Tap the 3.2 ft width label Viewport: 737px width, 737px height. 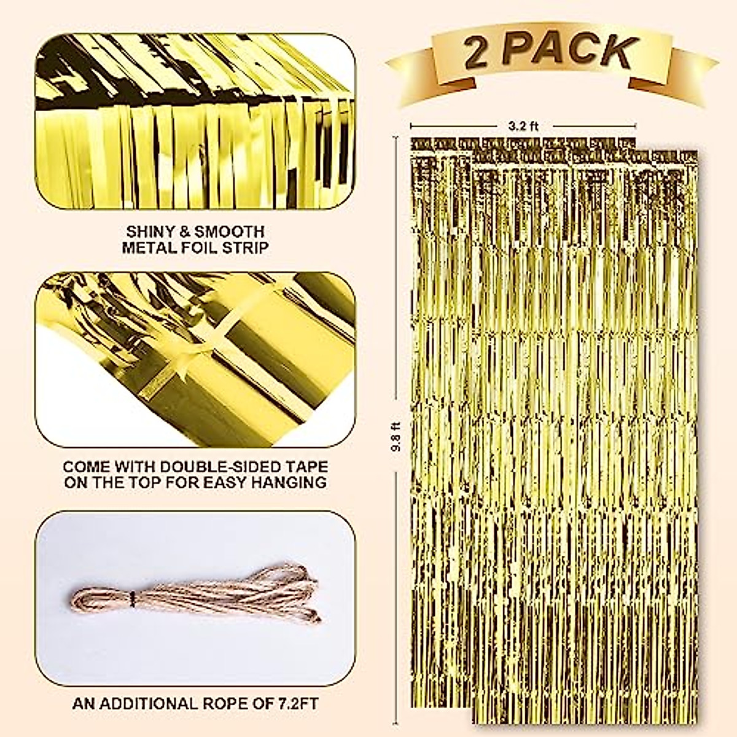(523, 127)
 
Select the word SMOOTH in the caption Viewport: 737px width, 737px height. (230, 232)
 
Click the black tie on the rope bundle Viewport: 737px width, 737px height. (131, 596)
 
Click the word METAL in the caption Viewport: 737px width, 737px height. (149, 248)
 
